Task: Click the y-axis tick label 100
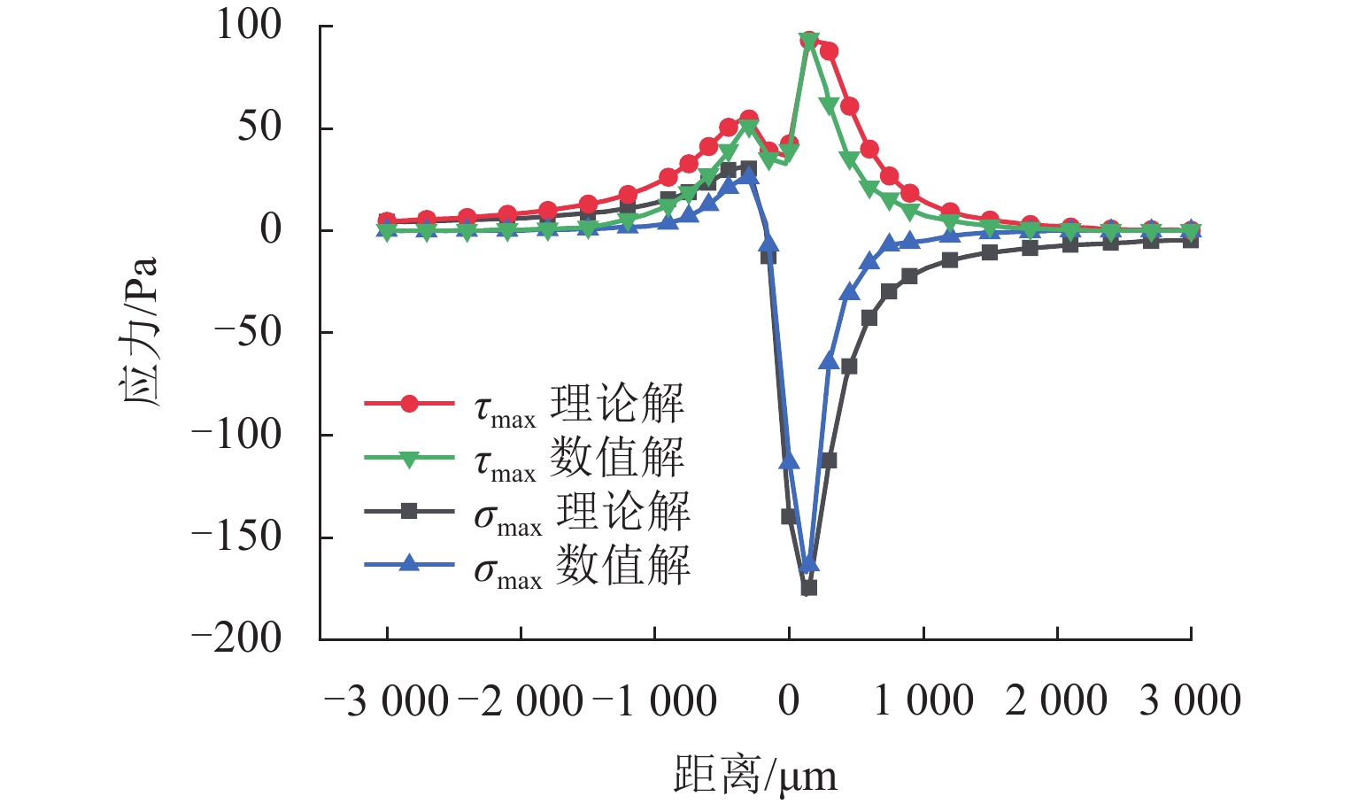[x=249, y=26]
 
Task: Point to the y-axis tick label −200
[x=236, y=638]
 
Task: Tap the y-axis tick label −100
[x=236, y=434]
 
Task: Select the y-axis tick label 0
[x=270, y=229]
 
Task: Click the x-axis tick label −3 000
[x=387, y=701]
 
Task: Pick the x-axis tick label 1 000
[x=923, y=701]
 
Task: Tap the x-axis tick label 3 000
[x=1190, y=701]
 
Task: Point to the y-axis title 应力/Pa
[x=139, y=331]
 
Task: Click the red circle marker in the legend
[x=409, y=404]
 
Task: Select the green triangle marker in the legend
[x=409, y=458]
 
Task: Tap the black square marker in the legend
[x=409, y=511]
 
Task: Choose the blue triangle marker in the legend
[x=409, y=564]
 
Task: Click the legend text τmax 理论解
[x=579, y=406]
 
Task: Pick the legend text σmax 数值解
[x=582, y=566]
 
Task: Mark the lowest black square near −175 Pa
[x=808, y=587]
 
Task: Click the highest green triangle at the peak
[x=808, y=41]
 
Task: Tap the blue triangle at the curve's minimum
[x=808, y=564]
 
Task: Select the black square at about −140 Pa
[x=789, y=516]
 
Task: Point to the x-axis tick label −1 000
[x=654, y=701]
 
